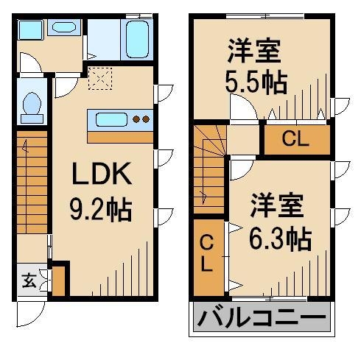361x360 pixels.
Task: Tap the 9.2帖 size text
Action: (101, 211)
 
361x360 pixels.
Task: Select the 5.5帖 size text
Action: (256, 82)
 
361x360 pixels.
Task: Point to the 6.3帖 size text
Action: (278, 238)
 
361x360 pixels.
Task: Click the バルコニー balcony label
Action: (262, 320)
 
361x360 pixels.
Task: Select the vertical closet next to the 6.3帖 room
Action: (207, 253)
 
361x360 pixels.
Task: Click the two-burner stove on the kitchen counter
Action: (140, 119)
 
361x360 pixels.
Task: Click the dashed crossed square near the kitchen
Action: (97, 78)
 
